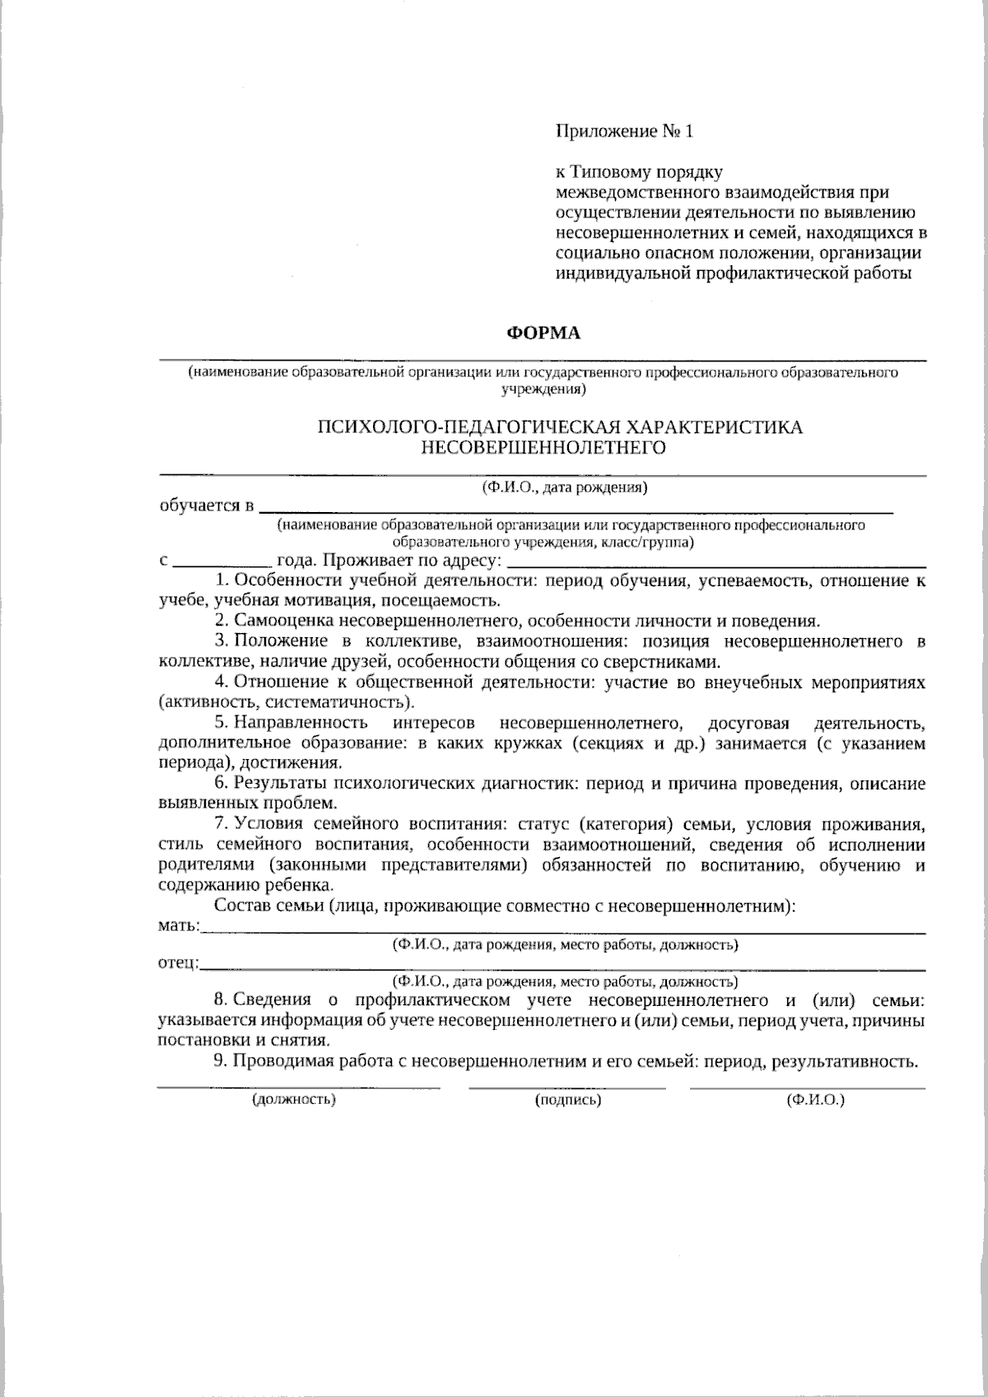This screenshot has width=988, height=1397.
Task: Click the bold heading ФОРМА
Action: click(x=543, y=333)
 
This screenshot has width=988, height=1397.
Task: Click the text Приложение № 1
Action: click(x=626, y=131)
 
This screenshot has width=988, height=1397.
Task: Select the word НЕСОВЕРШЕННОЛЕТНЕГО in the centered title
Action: click(x=543, y=448)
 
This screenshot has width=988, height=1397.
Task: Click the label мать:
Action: click(x=179, y=927)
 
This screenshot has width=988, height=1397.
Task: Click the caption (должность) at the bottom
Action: click(x=295, y=1099)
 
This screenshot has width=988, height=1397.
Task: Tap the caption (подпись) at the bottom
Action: click(x=567, y=1099)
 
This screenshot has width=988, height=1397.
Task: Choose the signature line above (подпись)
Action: click(x=567, y=1088)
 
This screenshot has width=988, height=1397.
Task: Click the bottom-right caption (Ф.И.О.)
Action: click(x=815, y=1099)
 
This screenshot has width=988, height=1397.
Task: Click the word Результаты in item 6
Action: click(x=279, y=784)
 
